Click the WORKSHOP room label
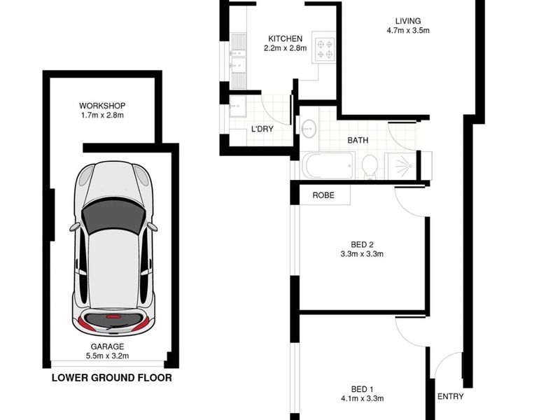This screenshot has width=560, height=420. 102,106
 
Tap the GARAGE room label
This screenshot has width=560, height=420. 107,346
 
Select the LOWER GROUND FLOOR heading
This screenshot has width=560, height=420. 112,378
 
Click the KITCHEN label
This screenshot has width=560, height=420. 285,38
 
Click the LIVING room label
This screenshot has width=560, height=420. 408,21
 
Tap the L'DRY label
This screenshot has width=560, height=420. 262,129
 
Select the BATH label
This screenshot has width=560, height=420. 358,141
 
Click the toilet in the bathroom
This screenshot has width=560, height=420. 370,167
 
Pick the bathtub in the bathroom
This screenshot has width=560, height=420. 328,165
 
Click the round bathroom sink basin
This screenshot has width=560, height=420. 309,128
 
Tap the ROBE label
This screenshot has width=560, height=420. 323,195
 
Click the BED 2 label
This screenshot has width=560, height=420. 362,244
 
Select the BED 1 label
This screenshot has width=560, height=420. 362,389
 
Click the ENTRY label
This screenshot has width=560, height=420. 450,396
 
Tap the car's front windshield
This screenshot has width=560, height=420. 113,216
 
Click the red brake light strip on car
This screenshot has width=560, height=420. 113,317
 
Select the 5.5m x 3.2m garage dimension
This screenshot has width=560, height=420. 107,356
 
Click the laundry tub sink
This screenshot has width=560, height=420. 238,106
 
